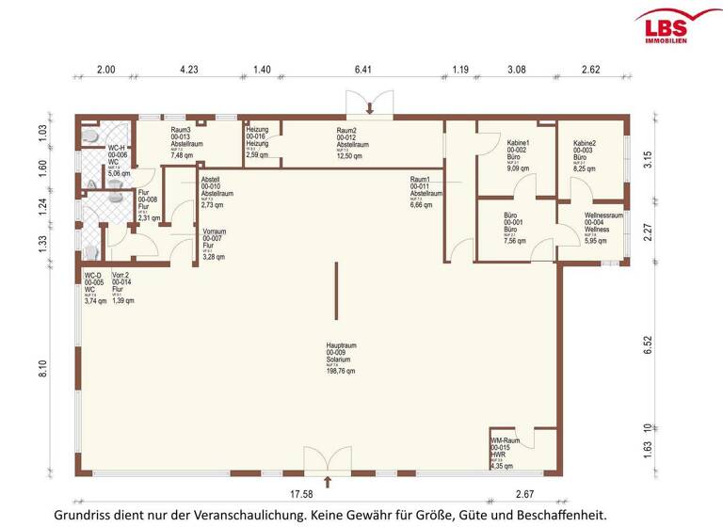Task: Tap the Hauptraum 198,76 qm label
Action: (335, 359)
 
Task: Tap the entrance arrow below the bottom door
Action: (327, 483)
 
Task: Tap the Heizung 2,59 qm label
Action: (258, 141)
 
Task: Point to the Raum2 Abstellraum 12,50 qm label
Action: (352, 143)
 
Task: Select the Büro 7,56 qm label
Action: (517, 229)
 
